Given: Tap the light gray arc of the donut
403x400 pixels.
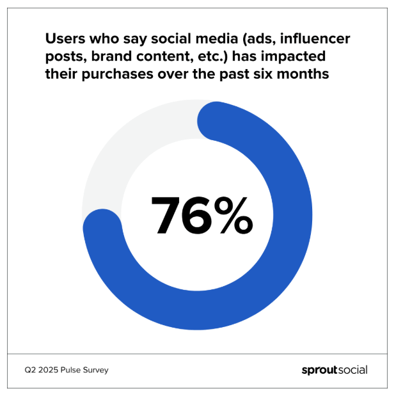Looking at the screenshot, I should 122,154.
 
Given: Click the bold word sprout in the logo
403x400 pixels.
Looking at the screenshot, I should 319,371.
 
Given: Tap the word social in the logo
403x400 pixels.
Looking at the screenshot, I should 352,370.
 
